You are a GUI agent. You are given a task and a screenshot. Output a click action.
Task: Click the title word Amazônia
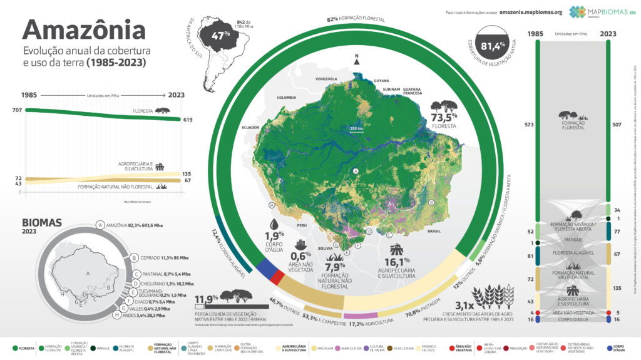[84, 31]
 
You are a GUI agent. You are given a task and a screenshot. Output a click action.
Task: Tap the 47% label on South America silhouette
[217, 35]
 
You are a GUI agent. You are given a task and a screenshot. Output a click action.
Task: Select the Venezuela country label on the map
[326, 79]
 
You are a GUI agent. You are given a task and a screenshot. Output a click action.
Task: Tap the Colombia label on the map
[286, 97]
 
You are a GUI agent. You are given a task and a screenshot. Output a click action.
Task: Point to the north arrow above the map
[357, 60]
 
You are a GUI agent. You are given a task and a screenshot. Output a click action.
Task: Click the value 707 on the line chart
[17, 110]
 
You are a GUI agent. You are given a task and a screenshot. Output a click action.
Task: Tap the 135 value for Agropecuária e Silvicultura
[187, 173]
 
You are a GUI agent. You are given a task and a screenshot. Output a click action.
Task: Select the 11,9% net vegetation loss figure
[205, 298]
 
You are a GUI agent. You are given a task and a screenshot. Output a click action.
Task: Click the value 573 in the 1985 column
[528, 125]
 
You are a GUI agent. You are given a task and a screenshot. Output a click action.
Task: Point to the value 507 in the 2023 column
[618, 125]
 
